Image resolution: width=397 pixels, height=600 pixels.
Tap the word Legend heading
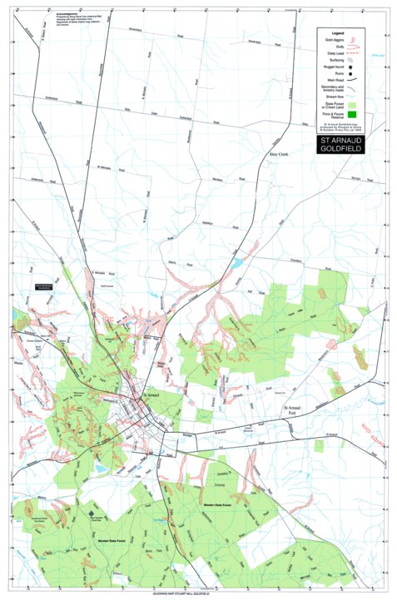[337, 33]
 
